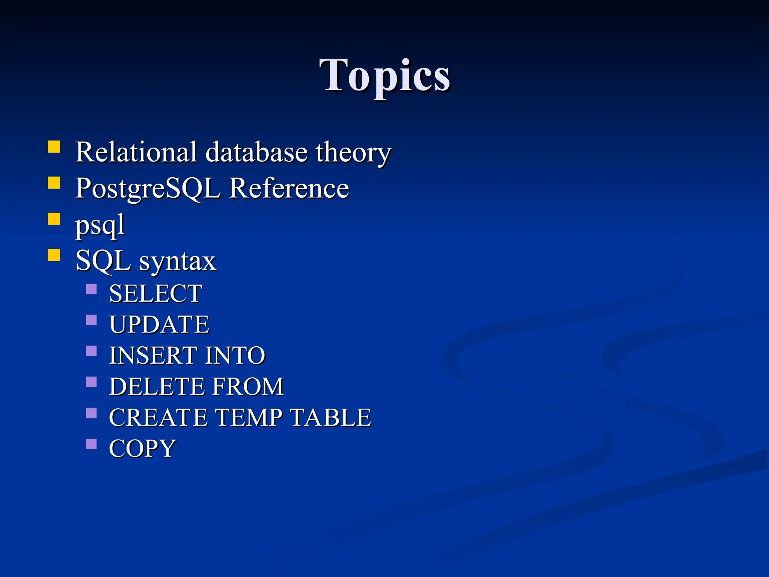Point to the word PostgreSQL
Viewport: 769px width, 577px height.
coord(148,188)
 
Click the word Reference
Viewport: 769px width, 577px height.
coord(289,188)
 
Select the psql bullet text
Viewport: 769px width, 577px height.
coord(100,225)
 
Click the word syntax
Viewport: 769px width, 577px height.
coord(178,261)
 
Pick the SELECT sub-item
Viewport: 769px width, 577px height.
coord(155,293)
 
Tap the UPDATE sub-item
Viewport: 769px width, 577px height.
coord(159,324)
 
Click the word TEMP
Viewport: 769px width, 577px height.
coord(248,417)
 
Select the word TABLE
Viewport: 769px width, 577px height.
coord(331,417)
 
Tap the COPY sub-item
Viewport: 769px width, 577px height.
coord(142,448)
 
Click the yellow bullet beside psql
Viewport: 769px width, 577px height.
coord(54,219)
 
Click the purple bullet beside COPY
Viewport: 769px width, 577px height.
coord(91,444)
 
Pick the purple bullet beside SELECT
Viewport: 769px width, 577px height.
coord(91,289)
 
